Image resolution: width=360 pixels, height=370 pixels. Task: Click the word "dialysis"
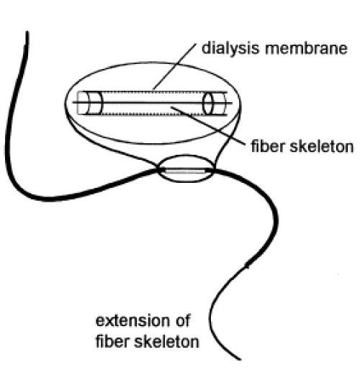[230, 48]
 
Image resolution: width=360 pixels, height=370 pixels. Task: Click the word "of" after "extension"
[183, 320]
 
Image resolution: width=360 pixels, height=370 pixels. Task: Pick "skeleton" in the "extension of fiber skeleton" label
[166, 341]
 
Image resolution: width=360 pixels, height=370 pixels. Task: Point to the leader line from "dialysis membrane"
[174, 66]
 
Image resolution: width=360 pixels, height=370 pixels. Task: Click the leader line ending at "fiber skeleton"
[208, 126]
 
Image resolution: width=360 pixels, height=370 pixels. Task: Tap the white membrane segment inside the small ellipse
[185, 171]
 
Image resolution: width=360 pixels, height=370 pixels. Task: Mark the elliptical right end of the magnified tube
[208, 103]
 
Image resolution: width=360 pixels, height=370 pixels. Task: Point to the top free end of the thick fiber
[27, 32]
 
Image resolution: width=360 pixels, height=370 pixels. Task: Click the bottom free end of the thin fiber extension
[239, 358]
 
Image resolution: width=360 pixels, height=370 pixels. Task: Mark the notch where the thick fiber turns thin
[246, 266]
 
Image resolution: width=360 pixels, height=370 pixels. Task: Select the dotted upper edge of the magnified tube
[153, 91]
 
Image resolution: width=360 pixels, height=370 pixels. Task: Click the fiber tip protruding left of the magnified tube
[75, 102]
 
